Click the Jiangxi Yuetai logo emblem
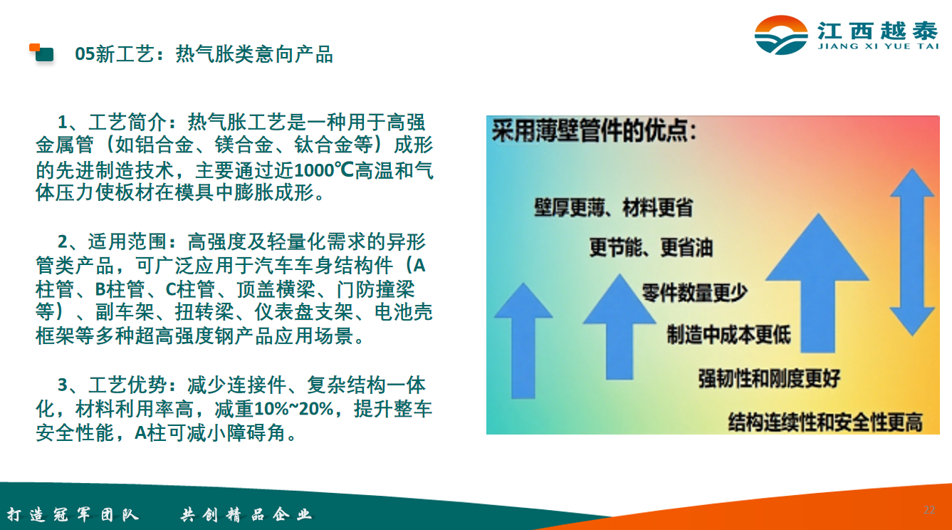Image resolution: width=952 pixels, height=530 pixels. click(780, 35)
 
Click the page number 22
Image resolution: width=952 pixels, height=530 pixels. click(929, 509)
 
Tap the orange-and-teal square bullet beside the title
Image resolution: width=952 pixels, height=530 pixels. click(41, 53)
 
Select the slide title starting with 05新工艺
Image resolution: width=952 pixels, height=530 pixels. click(204, 54)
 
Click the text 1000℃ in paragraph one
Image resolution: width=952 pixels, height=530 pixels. click(324, 170)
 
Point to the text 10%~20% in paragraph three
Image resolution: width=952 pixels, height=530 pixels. click(293, 409)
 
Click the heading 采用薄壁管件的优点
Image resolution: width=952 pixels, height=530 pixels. click(594, 130)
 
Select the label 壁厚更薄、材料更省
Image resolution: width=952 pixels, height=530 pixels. click(613, 207)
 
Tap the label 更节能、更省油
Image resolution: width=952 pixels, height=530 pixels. click(651, 248)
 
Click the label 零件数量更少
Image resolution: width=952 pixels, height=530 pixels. click(694, 293)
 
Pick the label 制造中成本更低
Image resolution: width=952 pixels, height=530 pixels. click(729, 334)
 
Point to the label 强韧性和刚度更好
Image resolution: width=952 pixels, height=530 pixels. click(769, 378)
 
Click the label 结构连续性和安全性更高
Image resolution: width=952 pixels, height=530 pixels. click(825, 422)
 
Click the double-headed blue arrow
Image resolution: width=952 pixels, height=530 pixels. click(912, 251)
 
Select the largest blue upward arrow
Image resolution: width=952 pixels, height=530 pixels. click(817, 283)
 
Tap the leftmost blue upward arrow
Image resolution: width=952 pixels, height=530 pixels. click(523, 341)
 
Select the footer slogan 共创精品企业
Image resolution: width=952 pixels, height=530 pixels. click(246, 515)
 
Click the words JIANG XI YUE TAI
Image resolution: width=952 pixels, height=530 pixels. click(878, 46)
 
